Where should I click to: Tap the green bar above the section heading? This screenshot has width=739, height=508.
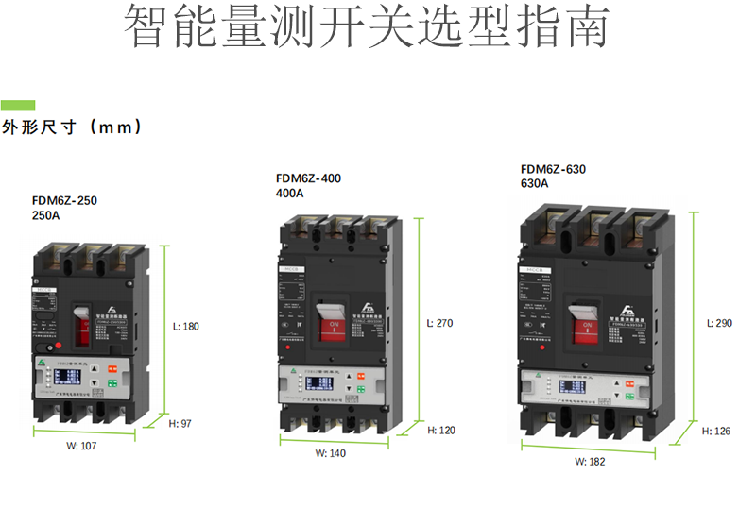point(18,105)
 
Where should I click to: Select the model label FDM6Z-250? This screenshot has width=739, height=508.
point(64,200)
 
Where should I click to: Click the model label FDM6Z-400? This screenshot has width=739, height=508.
point(308,178)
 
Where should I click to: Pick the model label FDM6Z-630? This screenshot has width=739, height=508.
point(553,170)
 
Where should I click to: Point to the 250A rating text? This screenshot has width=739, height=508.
point(45,215)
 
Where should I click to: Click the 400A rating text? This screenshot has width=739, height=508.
point(289,194)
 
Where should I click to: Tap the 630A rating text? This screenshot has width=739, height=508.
point(534,185)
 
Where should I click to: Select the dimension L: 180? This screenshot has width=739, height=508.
point(186,327)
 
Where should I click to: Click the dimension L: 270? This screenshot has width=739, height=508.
point(439,323)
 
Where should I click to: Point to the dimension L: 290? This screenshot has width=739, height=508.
point(719,323)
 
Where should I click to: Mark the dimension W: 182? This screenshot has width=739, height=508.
point(590,462)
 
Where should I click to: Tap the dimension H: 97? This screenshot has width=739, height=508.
point(180,424)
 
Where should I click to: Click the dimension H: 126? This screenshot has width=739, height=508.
point(717,431)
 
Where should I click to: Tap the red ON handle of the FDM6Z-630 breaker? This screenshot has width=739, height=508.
point(587,325)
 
